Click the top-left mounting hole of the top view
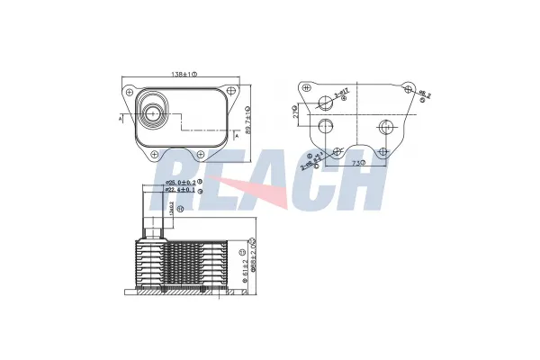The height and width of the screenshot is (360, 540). pyautogui.click(x=132, y=91)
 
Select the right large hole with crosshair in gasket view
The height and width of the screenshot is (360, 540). pyautogui.click(x=384, y=126)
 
